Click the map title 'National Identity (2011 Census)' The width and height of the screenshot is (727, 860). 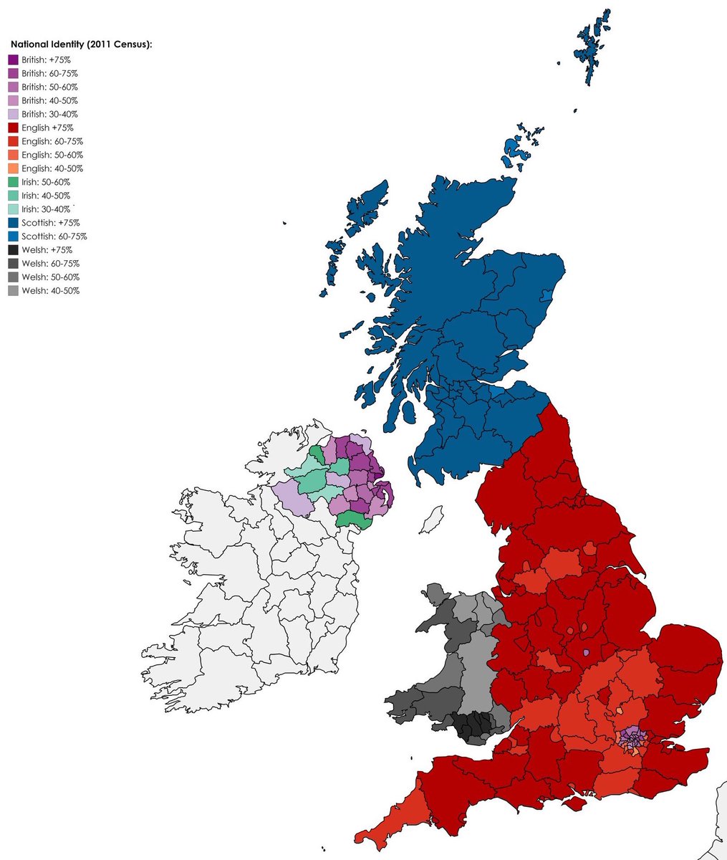coord(81,44)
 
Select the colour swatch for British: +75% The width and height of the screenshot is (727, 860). coord(13,59)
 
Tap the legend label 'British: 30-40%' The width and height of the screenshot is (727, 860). coord(49,114)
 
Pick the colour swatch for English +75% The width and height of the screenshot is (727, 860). coord(13,128)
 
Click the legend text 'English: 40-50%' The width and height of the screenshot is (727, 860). coord(52,168)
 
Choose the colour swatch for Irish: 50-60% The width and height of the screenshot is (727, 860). coord(13,182)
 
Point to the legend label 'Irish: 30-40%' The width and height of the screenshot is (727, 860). coord(46,209)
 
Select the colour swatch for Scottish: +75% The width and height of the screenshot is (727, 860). coord(13,223)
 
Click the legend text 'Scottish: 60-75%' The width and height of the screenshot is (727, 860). coord(54,236)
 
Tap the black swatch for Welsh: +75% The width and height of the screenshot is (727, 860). coord(13,250)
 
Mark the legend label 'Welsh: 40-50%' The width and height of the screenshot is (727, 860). coord(50,291)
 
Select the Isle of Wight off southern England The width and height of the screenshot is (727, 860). coord(574,803)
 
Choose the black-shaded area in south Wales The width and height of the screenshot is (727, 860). coord(476,727)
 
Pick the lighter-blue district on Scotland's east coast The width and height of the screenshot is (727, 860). coord(548,296)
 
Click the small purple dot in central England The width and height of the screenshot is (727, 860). coord(586,653)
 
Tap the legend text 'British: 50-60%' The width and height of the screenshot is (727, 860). coord(49,87)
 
